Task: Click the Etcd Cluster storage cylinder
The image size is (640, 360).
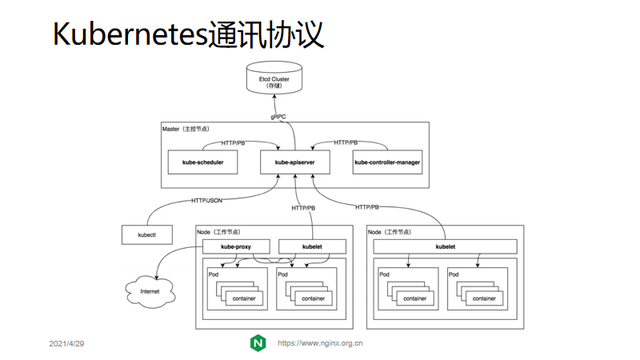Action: [274, 78]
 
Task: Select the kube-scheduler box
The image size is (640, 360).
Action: [203, 162]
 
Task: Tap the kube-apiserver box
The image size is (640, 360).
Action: [295, 162]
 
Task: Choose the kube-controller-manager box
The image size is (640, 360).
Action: [387, 162]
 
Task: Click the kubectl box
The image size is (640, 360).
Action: [147, 234]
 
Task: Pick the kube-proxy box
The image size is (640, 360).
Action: [236, 246]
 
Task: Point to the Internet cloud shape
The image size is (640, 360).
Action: [150, 291]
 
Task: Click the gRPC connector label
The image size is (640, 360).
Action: [278, 117]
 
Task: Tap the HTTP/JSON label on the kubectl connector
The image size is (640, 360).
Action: [207, 201]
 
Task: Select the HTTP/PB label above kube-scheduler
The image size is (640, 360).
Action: [233, 143]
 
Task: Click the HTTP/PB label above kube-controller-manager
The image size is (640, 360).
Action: [346, 142]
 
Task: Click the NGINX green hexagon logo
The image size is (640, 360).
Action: [258, 343]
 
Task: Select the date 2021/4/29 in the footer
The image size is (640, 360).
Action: [66, 344]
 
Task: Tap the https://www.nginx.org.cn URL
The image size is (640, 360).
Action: [320, 343]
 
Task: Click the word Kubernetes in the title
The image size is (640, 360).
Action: [130, 34]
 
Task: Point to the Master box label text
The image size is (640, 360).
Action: [186, 129]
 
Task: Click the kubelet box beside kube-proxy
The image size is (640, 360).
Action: [312, 246]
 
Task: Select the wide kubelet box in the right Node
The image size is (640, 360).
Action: [446, 246]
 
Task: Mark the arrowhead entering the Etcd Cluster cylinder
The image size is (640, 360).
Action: [274, 97]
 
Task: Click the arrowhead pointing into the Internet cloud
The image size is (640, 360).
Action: [156, 277]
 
